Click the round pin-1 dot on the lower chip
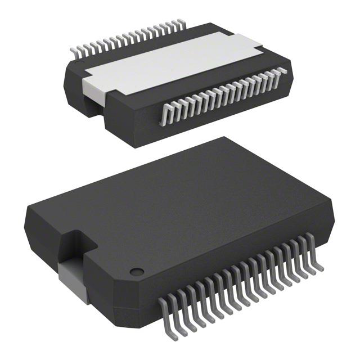(x=135, y=271)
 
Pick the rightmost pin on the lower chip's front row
(x=318, y=258)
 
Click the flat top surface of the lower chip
(x=186, y=208)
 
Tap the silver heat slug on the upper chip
(x=169, y=62)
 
